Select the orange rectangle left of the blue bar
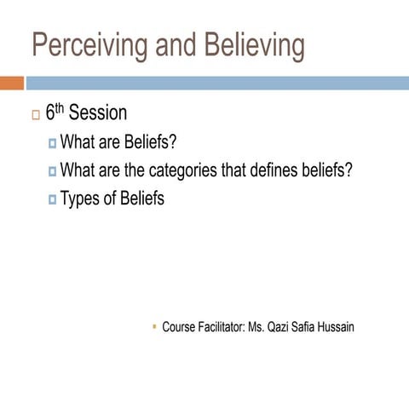(x=11, y=83)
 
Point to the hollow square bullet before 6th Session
(x=35, y=115)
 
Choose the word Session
(x=100, y=113)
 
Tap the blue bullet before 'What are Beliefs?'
(x=52, y=142)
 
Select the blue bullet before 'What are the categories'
(x=52, y=170)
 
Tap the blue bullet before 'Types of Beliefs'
(x=52, y=199)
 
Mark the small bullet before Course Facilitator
(x=153, y=325)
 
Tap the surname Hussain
(x=335, y=326)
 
